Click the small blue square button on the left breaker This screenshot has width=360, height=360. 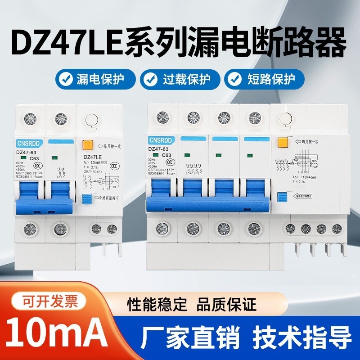tap(86, 198)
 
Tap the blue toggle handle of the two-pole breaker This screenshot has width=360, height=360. tap(44, 205)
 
